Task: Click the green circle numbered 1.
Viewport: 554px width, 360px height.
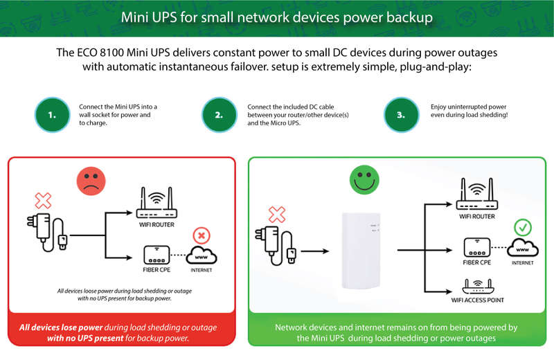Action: coord(53,115)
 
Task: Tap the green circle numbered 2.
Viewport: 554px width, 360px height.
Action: coord(219,115)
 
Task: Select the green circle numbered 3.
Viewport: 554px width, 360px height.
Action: coord(401,115)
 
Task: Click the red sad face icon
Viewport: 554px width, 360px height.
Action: coord(91,181)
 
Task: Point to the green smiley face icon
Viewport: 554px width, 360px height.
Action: coord(364,179)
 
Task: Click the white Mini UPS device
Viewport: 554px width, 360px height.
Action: coord(361,250)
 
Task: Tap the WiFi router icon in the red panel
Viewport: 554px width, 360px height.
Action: coord(157,202)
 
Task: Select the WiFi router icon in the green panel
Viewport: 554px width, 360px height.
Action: coord(476,194)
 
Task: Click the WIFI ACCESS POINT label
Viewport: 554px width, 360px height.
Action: coord(477,300)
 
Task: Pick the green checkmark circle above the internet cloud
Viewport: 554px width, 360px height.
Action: coord(523,228)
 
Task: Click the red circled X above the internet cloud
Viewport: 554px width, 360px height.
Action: coord(202,235)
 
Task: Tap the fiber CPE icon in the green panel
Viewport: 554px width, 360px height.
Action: coord(477,247)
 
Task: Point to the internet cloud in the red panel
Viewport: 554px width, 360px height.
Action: coord(202,255)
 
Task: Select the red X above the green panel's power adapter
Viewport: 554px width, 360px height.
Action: coord(277,215)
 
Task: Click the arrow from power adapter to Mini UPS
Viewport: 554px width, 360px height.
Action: coord(315,251)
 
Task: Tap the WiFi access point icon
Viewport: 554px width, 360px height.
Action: coord(478,286)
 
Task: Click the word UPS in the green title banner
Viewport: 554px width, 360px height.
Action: coord(164,17)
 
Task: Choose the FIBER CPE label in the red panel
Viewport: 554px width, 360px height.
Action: coord(157,269)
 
